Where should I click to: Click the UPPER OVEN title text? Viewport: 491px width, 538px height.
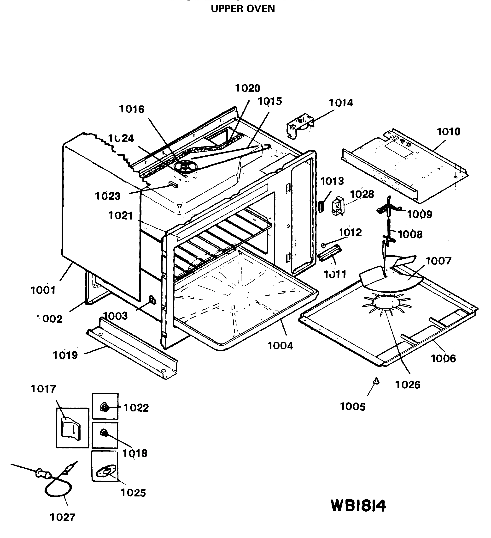click(x=243, y=9)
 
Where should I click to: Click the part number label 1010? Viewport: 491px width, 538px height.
click(x=448, y=132)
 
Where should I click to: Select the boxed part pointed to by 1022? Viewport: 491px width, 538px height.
click(x=104, y=408)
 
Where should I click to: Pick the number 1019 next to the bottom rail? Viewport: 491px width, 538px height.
click(x=65, y=355)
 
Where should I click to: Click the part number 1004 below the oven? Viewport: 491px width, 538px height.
click(x=280, y=346)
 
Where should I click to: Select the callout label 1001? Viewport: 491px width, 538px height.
click(x=43, y=290)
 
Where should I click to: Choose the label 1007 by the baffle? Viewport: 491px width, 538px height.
click(x=438, y=261)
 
